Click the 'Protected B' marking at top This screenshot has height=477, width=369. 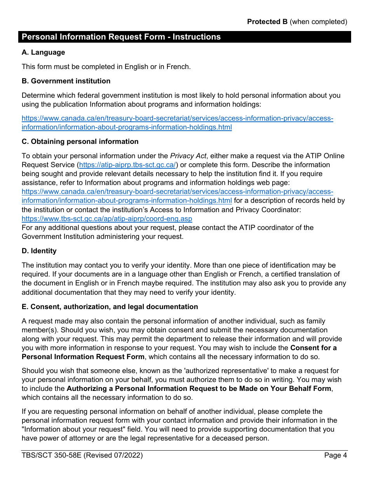267,22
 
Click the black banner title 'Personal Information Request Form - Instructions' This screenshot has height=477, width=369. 121,37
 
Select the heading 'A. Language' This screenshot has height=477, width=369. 43,52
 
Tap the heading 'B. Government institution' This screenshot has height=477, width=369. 66,81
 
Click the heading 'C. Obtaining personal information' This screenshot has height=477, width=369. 80,142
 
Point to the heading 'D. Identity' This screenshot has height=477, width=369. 39,251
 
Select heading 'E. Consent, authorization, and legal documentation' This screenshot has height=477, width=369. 110,307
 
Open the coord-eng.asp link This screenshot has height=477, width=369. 107,219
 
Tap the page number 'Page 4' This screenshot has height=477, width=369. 336,456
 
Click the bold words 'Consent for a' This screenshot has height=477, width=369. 313,348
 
